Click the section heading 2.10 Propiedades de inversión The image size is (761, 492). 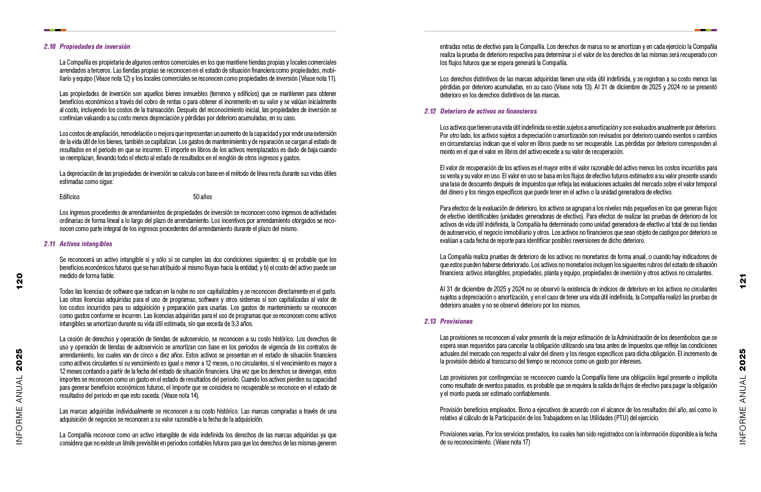coord(87,47)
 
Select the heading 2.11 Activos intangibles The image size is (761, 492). coord(78,244)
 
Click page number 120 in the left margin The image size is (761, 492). coord(20,281)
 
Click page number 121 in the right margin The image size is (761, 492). coord(743,281)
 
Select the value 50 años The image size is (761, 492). coord(203,197)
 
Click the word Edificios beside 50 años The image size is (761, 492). coord(69,197)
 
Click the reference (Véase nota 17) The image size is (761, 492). coord(511,442)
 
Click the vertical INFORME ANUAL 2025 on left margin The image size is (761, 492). coord(20,397)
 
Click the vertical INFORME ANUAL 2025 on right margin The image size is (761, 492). coord(743,397)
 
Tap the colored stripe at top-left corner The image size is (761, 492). coord(55,30)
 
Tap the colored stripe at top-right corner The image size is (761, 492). coord(706,30)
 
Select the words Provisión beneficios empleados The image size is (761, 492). coord(478,410)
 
